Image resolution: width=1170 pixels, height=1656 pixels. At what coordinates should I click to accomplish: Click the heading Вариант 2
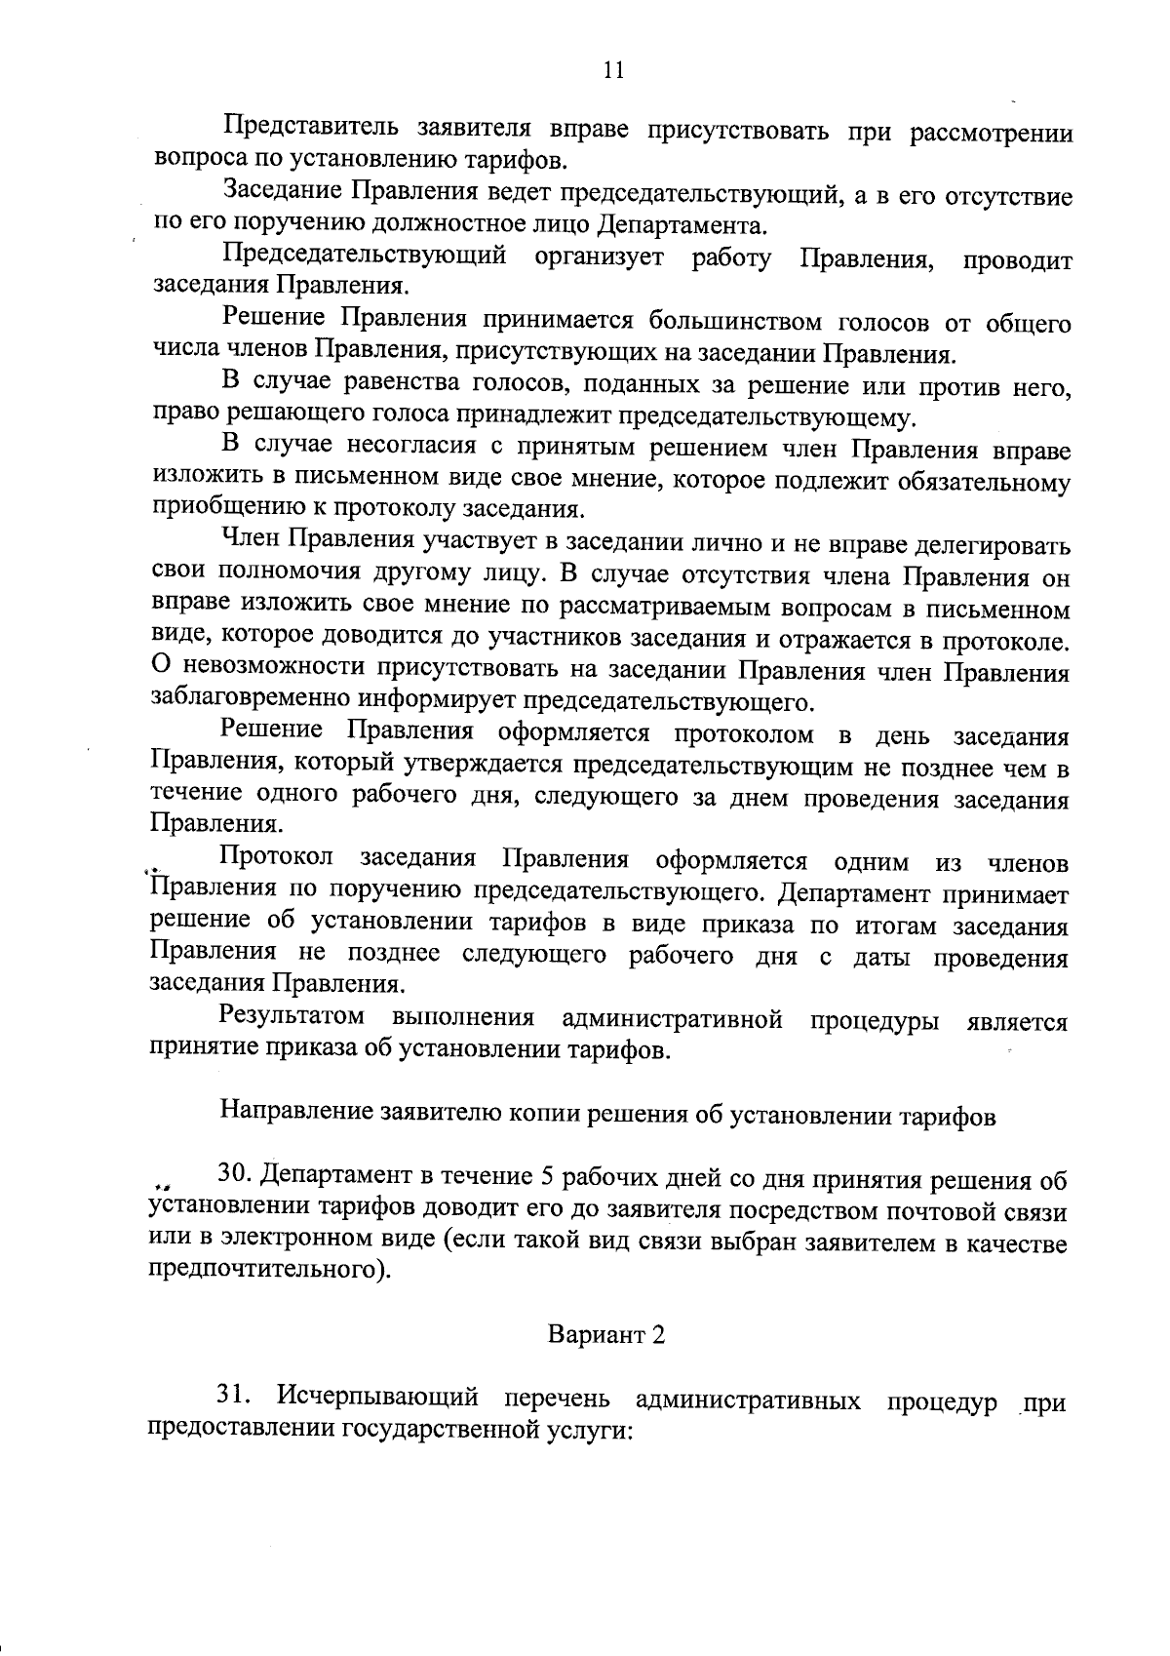tap(606, 1334)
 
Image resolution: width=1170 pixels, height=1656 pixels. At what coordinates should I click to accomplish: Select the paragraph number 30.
tap(237, 1178)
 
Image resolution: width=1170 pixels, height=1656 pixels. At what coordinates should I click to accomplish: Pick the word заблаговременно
tap(253, 700)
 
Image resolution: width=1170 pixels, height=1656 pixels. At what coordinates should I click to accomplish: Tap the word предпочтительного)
tap(263, 1272)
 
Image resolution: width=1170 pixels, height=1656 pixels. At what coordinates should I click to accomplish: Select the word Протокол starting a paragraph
tap(278, 859)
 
